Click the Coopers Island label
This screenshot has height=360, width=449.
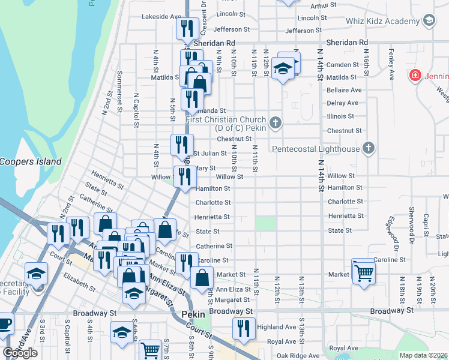point(31,161)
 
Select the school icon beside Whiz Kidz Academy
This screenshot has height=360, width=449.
point(429,21)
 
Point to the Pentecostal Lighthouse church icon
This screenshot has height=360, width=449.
point(369,148)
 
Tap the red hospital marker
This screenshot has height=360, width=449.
point(414,76)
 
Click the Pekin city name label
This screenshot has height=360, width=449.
point(193,314)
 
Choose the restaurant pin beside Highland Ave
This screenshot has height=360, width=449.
point(243,329)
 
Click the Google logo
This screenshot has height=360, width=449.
point(20,353)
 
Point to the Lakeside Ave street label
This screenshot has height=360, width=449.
point(161,17)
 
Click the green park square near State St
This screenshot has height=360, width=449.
point(266,223)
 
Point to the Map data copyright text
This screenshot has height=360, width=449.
point(424,355)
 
